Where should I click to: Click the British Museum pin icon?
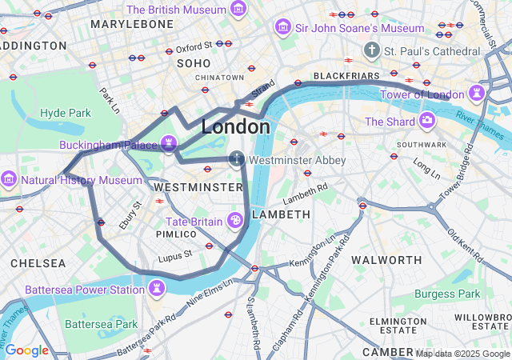pyautogui.click(x=238, y=10)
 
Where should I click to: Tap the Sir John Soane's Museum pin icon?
pyautogui.click(x=282, y=28)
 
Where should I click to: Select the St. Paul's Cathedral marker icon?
pyautogui.click(x=371, y=51)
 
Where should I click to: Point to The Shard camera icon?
pyautogui.click(x=427, y=122)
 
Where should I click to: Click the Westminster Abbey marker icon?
pyautogui.click(x=237, y=159)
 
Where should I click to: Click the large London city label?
pyautogui.click(x=235, y=126)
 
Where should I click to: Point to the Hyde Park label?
pyautogui.click(x=66, y=113)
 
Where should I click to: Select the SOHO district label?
pyautogui.click(x=193, y=62)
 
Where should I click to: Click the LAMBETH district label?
pyautogui.click(x=281, y=214)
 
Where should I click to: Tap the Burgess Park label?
pyautogui.click(x=448, y=294)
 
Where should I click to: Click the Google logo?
pyautogui.click(x=26, y=350)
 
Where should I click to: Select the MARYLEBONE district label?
pyautogui.click(x=132, y=25)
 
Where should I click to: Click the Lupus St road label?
pyautogui.click(x=176, y=254)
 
